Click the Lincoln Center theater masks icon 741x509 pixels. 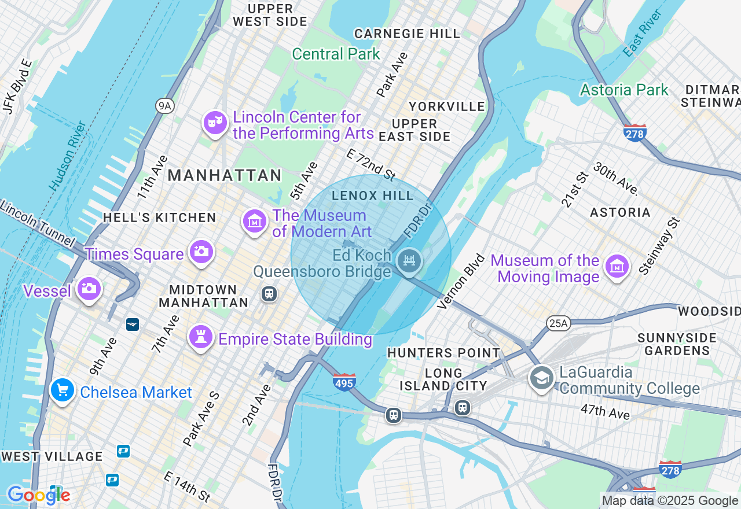tap(215, 123)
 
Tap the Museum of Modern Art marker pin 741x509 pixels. tap(254, 221)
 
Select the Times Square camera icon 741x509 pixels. tap(201, 252)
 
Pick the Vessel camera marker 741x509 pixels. tap(89, 288)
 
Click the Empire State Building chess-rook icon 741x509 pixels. tap(201, 337)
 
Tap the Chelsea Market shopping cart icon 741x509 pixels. tap(62, 390)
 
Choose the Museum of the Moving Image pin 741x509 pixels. tap(617, 266)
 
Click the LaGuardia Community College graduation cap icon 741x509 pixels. tap(541, 378)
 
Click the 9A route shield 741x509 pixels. tap(165, 105)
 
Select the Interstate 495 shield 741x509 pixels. tap(344, 382)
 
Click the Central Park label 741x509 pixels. tap(336, 54)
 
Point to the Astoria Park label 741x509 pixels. tap(624, 90)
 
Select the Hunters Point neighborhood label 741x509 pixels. tap(443, 353)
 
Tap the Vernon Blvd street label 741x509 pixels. tap(461, 282)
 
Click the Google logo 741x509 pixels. tap(38, 495)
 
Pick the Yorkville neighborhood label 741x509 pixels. tap(446, 106)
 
